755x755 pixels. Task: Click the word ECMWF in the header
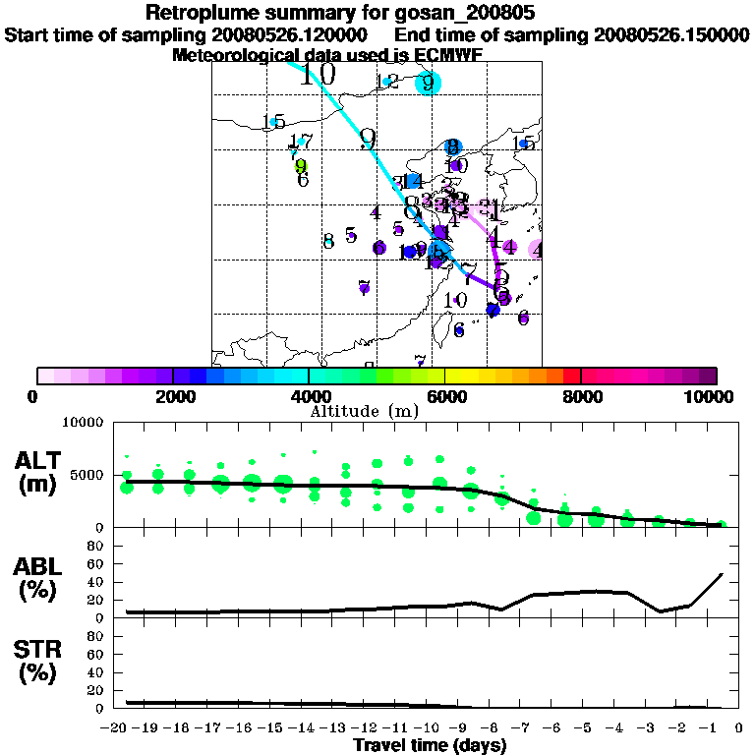pyautogui.click(x=451, y=55)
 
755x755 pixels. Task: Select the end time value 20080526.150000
pyautogui.click(x=670, y=35)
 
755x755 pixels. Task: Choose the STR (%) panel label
pyautogui.click(x=40, y=662)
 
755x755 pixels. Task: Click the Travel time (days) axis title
pyautogui.click(x=430, y=746)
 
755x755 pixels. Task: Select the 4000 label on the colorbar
pyautogui.click(x=310, y=396)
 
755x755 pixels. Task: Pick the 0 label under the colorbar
pyautogui.click(x=34, y=396)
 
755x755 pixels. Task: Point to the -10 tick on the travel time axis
pyautogui.click(x=429, y=727)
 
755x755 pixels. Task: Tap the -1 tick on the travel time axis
pyautogui.click(x=709, y=727)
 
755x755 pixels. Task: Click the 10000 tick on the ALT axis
pyautogui.click(x=83, y=423)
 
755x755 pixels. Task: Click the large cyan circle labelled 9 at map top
pyautogui.click(x=428, y=83)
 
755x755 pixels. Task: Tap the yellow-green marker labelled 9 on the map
pyautogui.click(x=301, y=166)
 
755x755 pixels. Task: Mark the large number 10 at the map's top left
pyautogui.click(x=318, y=73)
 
